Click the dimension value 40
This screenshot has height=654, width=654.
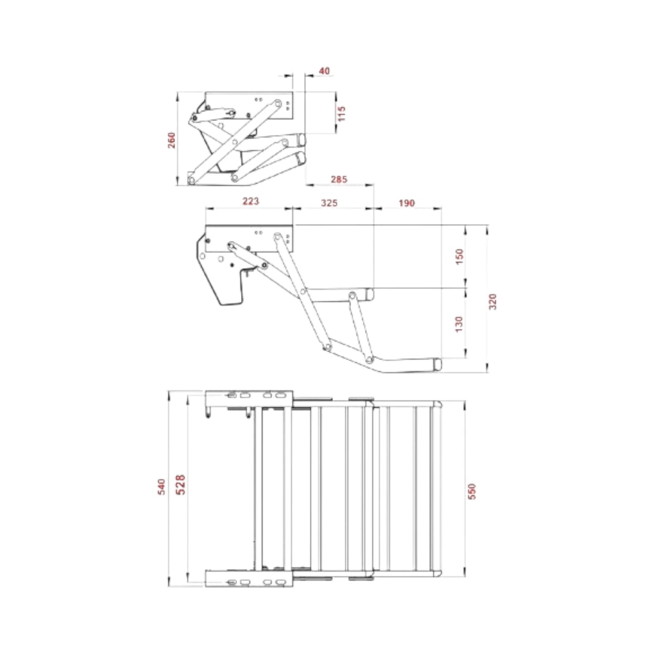[324, 71]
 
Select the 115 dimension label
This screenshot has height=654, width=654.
[341, 114]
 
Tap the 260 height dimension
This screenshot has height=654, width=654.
[172, 140]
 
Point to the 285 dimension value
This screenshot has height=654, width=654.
[339, 179]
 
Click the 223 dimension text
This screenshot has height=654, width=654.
[250, 201]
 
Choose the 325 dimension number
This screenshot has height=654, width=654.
[329, 203]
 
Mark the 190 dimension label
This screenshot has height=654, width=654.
[406, 203]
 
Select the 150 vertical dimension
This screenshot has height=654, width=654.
[459, 257]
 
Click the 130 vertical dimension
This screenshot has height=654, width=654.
[459, 324]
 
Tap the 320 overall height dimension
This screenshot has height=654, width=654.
[493, 302]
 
